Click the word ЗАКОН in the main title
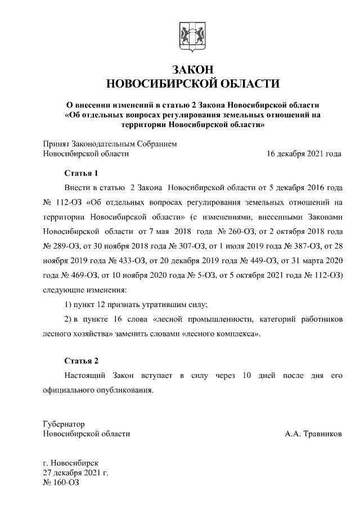click(x=192, y=69)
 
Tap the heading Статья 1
click(x=80, y=173)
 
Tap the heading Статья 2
click(x=80, y=361)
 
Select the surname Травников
click(x=321, y=434)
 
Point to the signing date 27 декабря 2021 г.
click(x=75, y=472)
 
